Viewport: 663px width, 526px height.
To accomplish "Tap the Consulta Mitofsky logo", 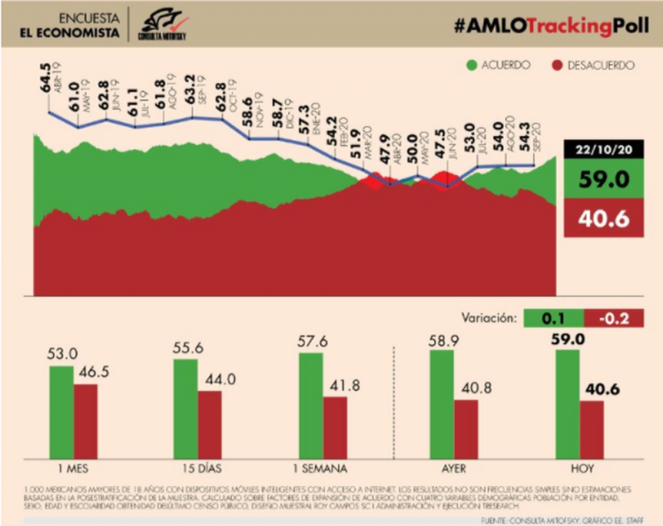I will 162,24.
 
